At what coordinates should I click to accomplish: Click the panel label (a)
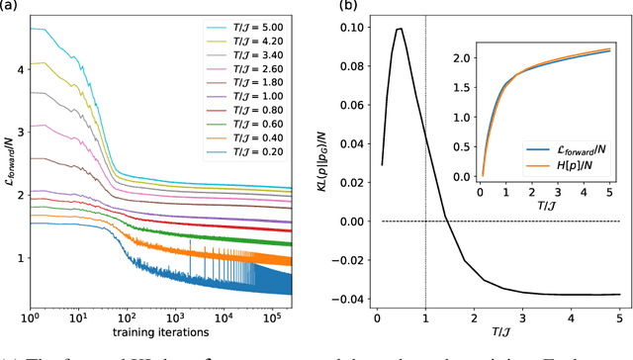(x=9, y=7)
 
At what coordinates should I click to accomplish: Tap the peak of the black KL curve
(x=400, y=29)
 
